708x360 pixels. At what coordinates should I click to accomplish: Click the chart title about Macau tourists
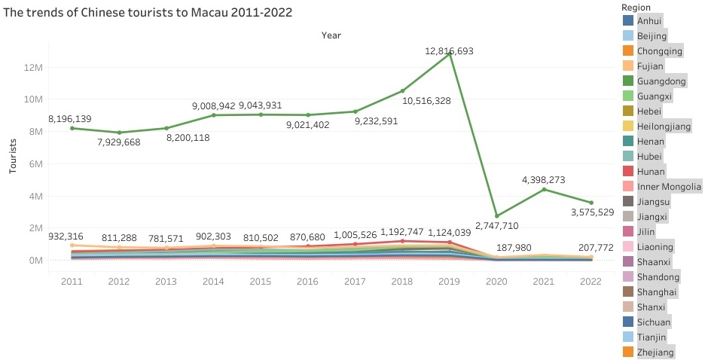[148, 13]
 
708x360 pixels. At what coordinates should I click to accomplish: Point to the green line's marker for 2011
[72, 128]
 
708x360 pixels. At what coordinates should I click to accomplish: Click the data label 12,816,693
[450, 50]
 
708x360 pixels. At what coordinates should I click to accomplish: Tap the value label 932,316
[72, 236]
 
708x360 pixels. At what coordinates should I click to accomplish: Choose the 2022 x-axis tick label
[592, 280]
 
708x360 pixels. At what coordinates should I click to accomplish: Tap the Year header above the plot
[331, 35]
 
